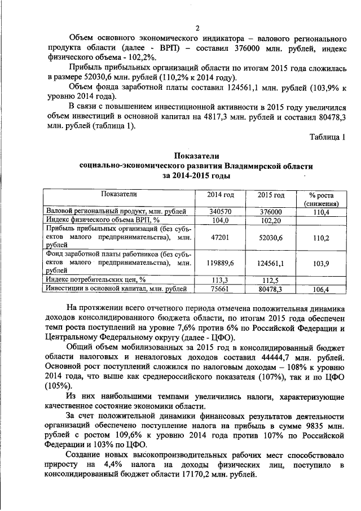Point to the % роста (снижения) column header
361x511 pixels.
[320, 199]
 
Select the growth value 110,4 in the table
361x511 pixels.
[320, 211]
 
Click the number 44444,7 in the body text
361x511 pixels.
[264, 357]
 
